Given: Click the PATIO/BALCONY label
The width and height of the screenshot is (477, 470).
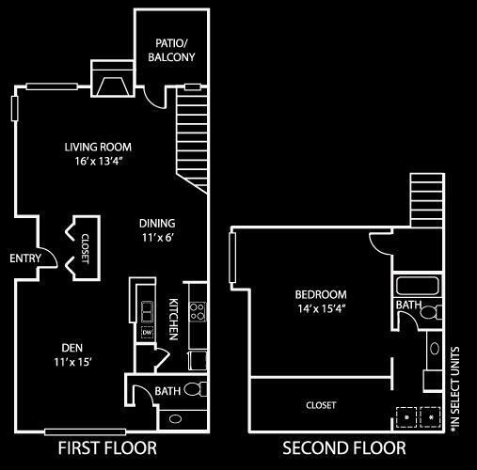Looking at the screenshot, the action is (171, 50).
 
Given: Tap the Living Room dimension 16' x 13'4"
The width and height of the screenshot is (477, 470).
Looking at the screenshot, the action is (98, 161).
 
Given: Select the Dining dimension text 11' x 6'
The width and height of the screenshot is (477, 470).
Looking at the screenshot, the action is (158, 238).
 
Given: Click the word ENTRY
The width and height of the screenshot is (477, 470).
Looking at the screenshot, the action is (25, 258).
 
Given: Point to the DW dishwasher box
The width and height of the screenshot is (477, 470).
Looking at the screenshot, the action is (147, 332).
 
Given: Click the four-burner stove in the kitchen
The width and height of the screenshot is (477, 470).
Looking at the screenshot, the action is (198, 311).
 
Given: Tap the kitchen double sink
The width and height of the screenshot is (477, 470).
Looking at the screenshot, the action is (147, 312).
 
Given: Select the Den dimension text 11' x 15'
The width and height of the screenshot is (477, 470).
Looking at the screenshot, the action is (72, 362).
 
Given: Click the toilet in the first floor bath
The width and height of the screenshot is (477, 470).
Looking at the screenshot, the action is (196, 389).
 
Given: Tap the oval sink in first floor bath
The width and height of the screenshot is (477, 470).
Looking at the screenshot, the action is (175, 419).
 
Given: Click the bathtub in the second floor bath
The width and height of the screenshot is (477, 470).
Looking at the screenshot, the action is (417, 286).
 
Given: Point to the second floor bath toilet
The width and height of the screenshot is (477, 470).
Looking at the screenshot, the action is (431, 312).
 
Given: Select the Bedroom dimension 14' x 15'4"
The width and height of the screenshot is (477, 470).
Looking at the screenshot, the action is (322, 309).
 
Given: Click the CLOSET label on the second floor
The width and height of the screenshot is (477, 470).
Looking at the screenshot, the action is (321, 405).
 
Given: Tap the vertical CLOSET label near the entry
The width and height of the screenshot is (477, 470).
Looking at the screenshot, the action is (86, 248).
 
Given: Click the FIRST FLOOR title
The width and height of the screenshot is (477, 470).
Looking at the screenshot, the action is (107, 447).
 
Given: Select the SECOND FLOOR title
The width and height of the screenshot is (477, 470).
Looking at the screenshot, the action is (344, 447).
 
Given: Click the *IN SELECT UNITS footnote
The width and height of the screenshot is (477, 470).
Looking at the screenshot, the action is (455, 390).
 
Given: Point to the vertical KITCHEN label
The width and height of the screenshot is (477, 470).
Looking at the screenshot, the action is (174, 320).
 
